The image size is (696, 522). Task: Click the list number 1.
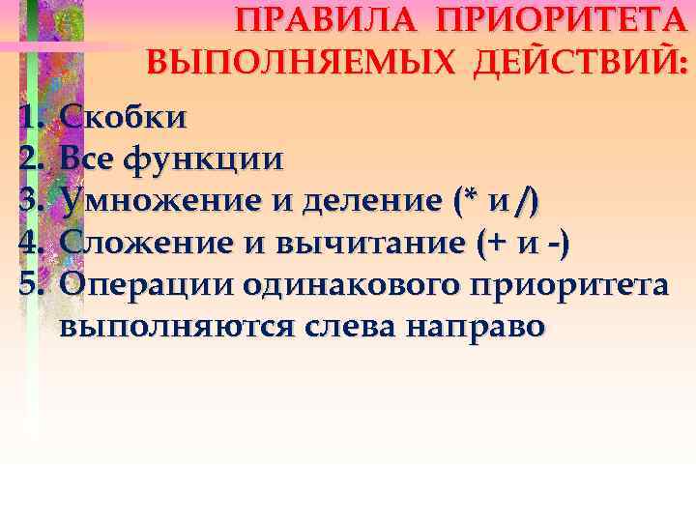pyautogui.click(x=30, y=118)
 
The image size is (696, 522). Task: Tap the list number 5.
pyautogui.click(x=30, y=284)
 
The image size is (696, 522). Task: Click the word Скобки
pyautogui.click(x=124, y=118)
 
